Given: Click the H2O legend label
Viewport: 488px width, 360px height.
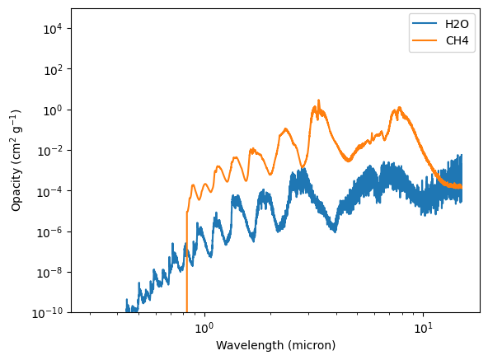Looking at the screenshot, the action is pos(457,24).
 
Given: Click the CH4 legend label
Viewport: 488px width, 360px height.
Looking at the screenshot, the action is pos(457,40).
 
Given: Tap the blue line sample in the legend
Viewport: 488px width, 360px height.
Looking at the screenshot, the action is pos(425,24).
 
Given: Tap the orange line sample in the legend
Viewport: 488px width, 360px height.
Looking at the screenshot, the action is pos(425,40).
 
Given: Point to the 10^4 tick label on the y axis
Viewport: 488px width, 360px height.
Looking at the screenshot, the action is pos(52,29).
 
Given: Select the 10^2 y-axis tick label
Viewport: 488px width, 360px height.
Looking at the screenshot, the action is pos(52,70).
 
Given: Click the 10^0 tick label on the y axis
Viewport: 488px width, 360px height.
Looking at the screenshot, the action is pos(52,110).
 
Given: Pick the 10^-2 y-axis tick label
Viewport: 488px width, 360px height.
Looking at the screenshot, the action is pos(49,152).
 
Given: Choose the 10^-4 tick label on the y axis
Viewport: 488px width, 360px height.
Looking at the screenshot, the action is pos(49,192).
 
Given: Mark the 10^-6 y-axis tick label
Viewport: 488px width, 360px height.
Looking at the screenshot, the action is pos(49,232).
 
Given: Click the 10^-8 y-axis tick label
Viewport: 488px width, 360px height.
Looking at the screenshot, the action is pos(49,274).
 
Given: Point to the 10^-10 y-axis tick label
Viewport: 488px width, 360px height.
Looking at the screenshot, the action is pos(47,313).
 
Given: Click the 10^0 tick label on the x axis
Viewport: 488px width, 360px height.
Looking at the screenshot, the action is pos(204,328).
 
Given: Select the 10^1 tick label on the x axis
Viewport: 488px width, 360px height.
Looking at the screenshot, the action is pos(423,328).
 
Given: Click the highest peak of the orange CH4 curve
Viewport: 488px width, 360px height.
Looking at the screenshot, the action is pos(318,101).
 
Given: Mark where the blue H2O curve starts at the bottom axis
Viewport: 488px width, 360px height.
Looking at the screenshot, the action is pos(126,311).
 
